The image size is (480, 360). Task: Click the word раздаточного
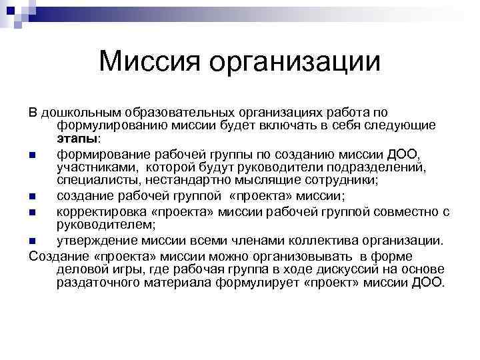coord(97,282)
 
